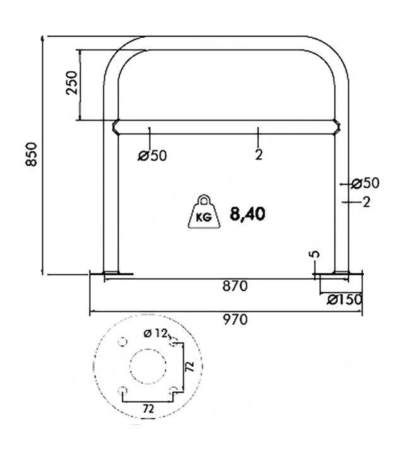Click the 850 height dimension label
32,154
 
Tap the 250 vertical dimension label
71,83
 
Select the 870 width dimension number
235,286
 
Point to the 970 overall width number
235,320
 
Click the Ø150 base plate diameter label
345,299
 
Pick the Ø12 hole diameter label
155,333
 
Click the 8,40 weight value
247,214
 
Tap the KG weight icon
204,212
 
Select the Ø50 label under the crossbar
152,156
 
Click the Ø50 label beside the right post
365,183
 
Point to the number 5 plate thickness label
315,254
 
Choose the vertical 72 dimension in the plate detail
189,367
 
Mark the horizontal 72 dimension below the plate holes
148,408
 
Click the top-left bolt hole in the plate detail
123,342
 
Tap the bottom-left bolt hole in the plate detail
123,391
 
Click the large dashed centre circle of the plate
148,349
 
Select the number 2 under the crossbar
259,155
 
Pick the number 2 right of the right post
367,202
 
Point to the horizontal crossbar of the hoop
226,127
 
